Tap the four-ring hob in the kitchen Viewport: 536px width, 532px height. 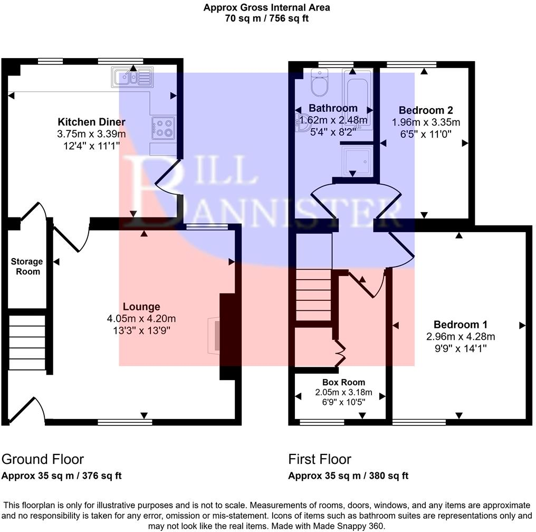pyautogui.click(x=163, y=128)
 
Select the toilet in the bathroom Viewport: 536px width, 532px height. pyautogui.click(x=320, y=83)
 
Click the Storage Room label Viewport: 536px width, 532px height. pyautogui.click(x=27, y=267)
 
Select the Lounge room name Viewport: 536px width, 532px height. pyautogui.click(x=141, y=307)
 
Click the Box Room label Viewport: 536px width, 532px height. pyautogui.click(x=343, y=382)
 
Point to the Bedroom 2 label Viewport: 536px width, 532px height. pyautogui.click(x=426, y=110)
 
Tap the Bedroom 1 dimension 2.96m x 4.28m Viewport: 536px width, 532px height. pyautogui.click(x=461, y=336)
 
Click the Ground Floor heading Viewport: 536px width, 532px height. pyautogui.click(x=43, y=459)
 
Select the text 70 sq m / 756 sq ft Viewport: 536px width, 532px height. pyautogui.click(x=267, y=18)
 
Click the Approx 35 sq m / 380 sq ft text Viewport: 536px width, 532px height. pyautogui.click(x=348, y=476)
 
